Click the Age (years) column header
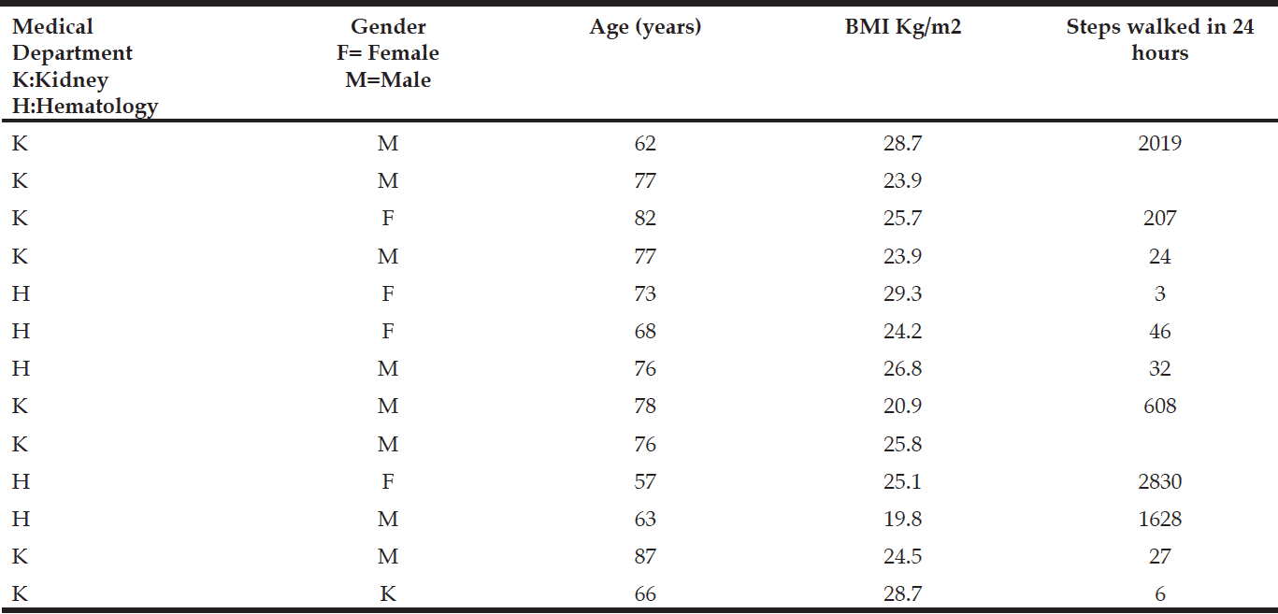pos(645,27)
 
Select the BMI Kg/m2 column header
pos(902,27)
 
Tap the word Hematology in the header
pos(93,107)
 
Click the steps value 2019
pos(1160,143)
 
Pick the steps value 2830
pos(1160,481)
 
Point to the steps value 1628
pos(1160,520)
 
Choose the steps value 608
pos(1160,407)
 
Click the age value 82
pos(645,219)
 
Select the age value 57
pos(645,481)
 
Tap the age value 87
pos(645,556)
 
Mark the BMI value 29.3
pos(902,293)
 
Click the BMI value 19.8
pos(902,520)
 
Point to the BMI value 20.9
pos(902,407)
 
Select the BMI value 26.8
pos(902,369)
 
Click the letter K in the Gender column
pos(388,594)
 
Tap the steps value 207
pos(1160,219)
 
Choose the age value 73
pos(645,293)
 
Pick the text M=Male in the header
pos(388,79)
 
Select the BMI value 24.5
pos(902,556)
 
